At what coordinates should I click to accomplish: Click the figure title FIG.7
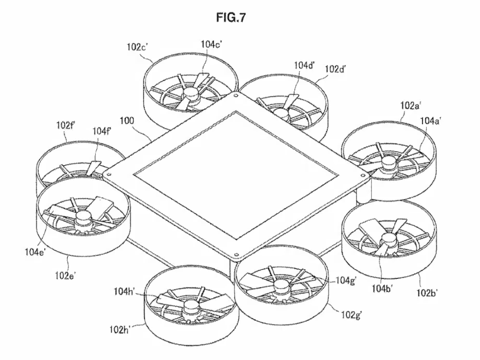tap(230, 18)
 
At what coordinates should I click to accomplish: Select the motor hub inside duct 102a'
tap(387, 163)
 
